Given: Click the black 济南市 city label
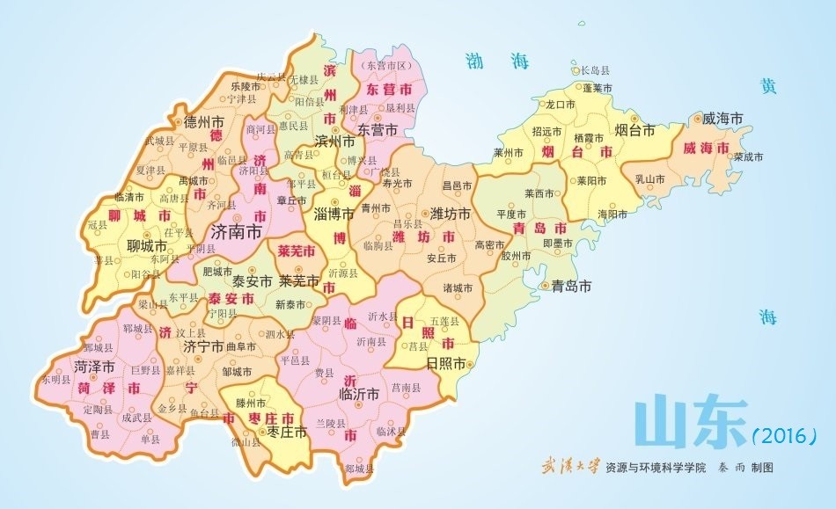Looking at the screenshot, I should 238,233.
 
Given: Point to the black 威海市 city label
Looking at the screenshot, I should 723,118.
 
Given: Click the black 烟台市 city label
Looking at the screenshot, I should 634,130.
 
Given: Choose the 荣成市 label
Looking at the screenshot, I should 749,156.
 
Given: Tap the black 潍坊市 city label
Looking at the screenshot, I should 451,214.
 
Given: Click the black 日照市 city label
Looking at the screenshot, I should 445,363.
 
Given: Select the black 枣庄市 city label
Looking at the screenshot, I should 287,432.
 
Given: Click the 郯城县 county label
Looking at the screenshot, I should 357,469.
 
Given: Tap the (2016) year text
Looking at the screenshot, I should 785,434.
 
